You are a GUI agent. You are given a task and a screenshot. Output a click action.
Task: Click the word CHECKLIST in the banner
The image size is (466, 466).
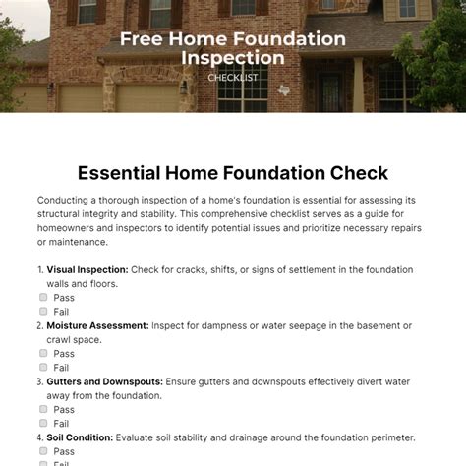pyautogui.click(x=233, y=77)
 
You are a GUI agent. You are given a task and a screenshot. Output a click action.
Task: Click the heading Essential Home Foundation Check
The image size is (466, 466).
pyautogui.click(x=233, y=172)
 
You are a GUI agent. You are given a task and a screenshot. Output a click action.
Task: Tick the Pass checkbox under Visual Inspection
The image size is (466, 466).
pyautogui.click(x=44, y=297)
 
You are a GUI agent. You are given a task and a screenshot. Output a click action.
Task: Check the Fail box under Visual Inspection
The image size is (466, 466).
pyautogui.click(x=44, y=311)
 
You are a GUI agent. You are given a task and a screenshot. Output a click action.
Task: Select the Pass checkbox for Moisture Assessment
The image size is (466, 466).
pyautogui.click(x=44, y=353)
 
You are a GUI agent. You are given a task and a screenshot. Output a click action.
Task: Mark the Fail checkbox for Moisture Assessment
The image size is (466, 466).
pyautogui.click(x=44, y=367)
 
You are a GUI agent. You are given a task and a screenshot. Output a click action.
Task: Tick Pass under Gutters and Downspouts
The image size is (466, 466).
pyautogui.click(x=44, y=409)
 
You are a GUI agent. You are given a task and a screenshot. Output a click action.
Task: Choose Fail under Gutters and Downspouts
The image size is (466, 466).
pyautogui.click(x=44, y=423)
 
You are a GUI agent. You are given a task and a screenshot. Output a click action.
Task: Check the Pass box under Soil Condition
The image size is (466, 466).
pyautogui.click(x=44, y=451)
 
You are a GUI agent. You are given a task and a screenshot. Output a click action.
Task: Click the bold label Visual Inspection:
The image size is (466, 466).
pyautogui.click(x=87, y=269)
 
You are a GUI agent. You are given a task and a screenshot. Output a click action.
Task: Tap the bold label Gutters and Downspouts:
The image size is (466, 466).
pyautogui.click(x=110, y=381)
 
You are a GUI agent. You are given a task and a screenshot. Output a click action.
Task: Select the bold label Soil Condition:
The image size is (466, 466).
pyautogui.click(x=81, y=437)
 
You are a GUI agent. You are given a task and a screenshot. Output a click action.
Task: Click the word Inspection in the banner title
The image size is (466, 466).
pyautogui.click(x=233, y=58)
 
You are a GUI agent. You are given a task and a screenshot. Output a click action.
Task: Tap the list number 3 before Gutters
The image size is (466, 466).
pyautogui.click(x=39, y=381)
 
